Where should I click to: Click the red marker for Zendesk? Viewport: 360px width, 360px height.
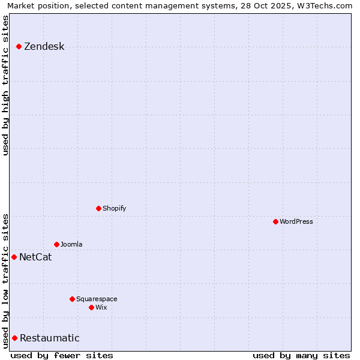tap(19, 46)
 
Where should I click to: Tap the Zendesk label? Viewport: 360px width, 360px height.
tap(44, 47)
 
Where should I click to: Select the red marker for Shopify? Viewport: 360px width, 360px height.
tap(99, 208)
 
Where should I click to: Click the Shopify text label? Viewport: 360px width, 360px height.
tap(114, 208)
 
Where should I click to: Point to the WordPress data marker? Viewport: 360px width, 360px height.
tap(276, 221)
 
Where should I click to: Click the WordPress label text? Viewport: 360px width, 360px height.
tap(296, 221)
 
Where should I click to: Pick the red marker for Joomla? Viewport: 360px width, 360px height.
tap(57, 244)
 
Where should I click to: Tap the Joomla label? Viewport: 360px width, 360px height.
tap(71, 244)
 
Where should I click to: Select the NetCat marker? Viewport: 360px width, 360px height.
tap(14, 257)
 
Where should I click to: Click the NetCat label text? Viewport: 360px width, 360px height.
tap(35, 257)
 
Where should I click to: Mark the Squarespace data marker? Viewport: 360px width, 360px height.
tap(73, 299)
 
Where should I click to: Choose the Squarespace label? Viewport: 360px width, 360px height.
tap(97, 299)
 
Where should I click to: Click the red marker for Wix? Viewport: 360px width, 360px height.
tap(92, 307)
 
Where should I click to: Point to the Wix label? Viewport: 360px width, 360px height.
tap(101, 307)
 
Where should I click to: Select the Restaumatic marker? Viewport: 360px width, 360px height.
tap(15, 338)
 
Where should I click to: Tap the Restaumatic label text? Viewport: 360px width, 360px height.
tap(49, 338)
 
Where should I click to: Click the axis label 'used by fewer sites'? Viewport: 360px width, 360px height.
tap(62, 355)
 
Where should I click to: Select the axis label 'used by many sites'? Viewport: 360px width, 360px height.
tap(301, 355)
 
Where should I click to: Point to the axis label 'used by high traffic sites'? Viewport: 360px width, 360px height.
tap(6, 85)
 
